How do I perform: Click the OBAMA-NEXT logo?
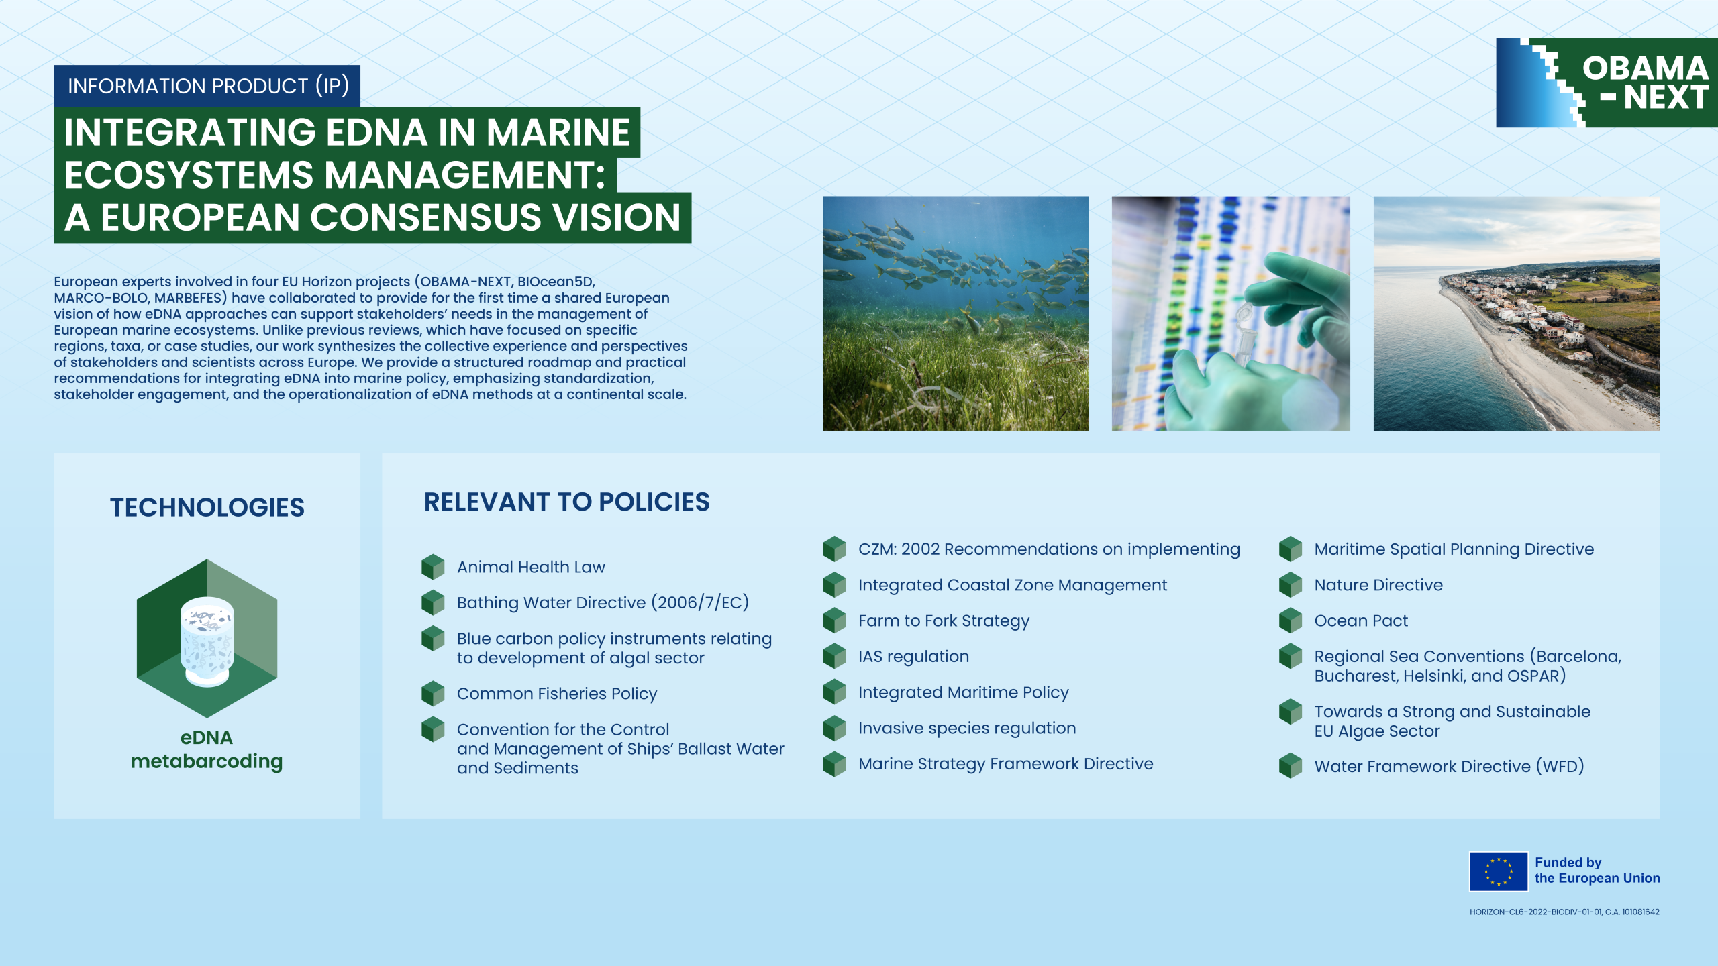1607,83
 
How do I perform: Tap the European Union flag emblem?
1498,871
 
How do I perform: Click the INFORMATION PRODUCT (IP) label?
207,86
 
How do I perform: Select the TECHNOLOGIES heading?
207,507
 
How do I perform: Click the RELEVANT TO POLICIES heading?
566,502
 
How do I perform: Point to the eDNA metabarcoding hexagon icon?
207,638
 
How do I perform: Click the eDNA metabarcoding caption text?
207,749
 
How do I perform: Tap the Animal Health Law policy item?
531,567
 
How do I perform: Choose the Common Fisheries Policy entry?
557,694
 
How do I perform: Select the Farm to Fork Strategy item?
944,621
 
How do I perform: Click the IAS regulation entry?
913,656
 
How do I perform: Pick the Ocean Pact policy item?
1361,621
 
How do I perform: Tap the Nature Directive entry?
1378,585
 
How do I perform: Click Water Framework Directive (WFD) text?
1449,766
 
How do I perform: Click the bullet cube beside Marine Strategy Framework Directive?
834,763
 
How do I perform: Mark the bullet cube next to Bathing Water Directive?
433,602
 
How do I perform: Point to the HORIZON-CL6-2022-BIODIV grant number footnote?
1564,912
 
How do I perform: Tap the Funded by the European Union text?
1597,870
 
